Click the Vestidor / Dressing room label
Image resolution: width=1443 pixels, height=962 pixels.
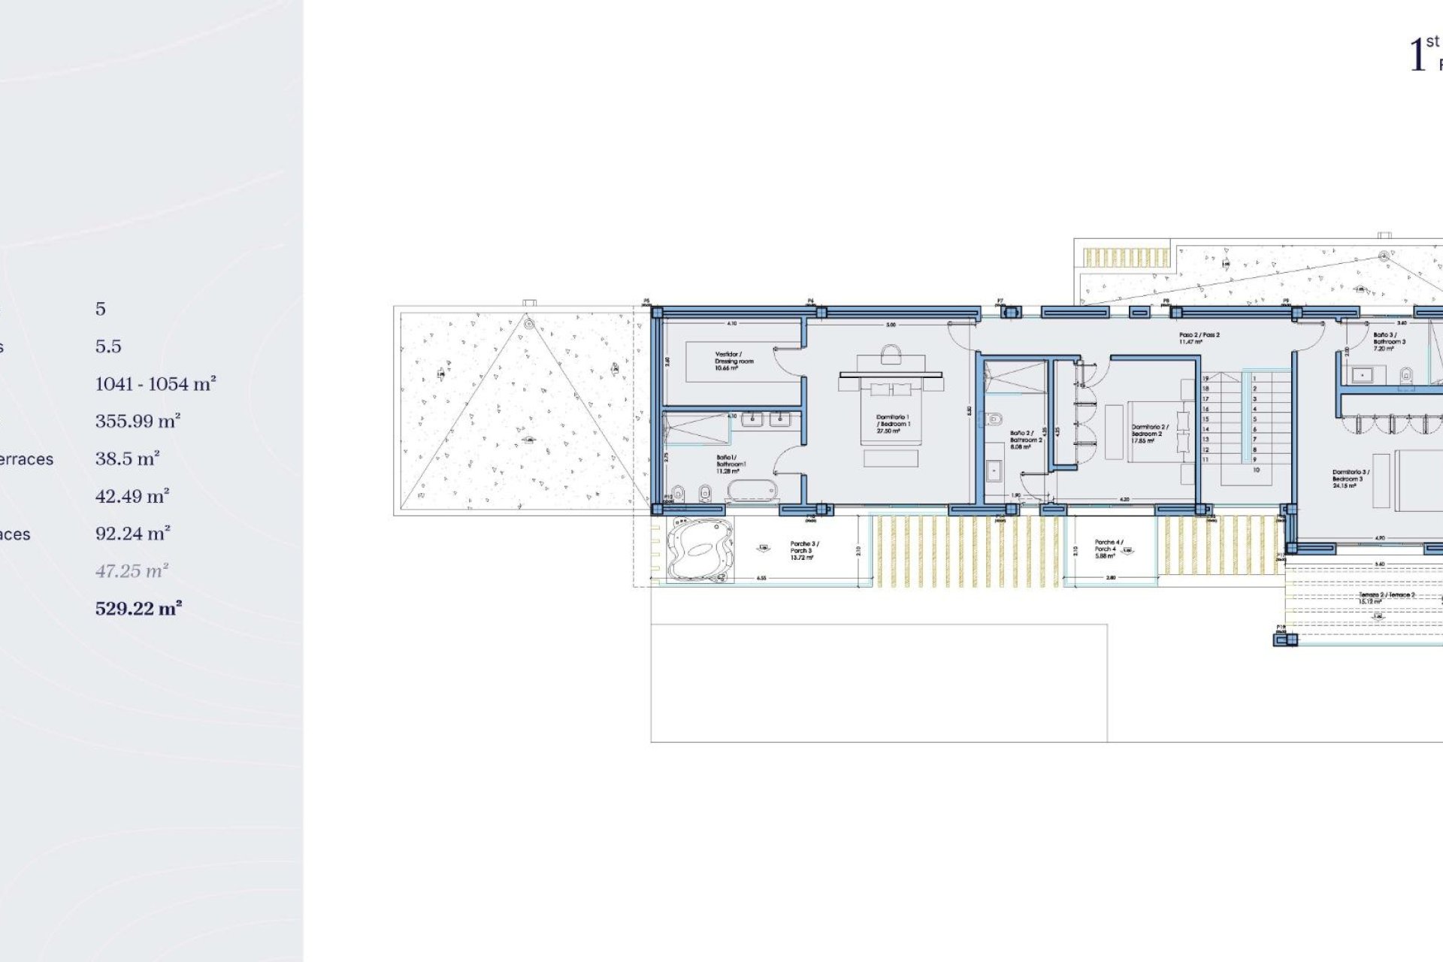tap(734, 361)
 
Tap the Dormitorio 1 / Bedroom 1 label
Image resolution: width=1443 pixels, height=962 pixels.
tap(892, 424)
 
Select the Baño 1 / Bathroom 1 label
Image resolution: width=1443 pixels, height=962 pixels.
tap(730, 464)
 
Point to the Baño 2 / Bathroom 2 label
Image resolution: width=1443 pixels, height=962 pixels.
tap(1025, 440)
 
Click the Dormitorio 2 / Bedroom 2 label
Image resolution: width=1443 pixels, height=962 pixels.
tap(1149, 434)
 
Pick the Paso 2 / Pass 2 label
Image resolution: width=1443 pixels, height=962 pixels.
tap(1199, 338)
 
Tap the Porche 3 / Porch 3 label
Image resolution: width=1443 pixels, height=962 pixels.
tap(803, 550)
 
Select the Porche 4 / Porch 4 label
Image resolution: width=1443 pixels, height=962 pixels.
tap(1108, 549)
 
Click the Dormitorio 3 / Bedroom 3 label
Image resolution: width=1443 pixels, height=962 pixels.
tap(1350, 479)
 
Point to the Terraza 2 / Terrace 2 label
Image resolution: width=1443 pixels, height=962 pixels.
tap(1386, 598)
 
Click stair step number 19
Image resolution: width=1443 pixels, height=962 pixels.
tap(1206, 379)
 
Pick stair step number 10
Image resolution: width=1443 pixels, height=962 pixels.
tap(1255, 470)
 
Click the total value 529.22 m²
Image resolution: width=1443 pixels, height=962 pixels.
tap(138, 609)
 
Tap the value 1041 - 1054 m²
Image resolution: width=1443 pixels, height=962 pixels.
tap(156, 384)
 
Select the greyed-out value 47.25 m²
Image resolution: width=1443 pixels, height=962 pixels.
tap(132, 571)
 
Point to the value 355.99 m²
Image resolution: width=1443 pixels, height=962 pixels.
tap(138, 422)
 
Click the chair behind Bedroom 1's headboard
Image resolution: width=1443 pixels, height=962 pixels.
tap(891, 354)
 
